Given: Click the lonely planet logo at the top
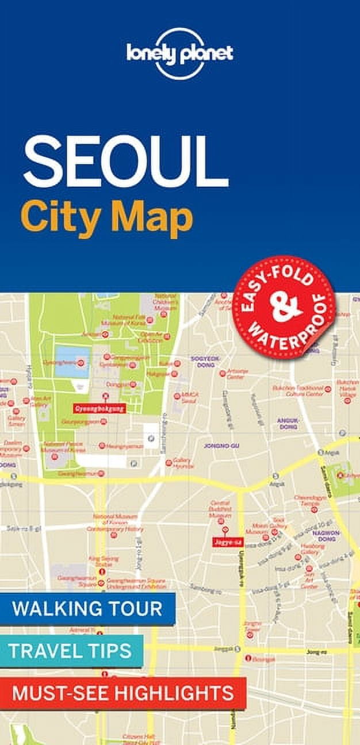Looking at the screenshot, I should (x=179, y=53).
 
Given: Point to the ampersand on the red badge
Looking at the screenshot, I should (x=286, y=308).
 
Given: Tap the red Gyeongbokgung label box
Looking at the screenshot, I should (x=98, y=409).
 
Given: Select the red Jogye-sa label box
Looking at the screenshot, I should (x=225, y=541).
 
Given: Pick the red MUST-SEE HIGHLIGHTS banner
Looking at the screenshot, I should (x=122, y=693).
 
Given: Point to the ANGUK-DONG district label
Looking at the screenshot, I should (x=288, y=424).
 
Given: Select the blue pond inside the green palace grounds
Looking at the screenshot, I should (x=72, y=361).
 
